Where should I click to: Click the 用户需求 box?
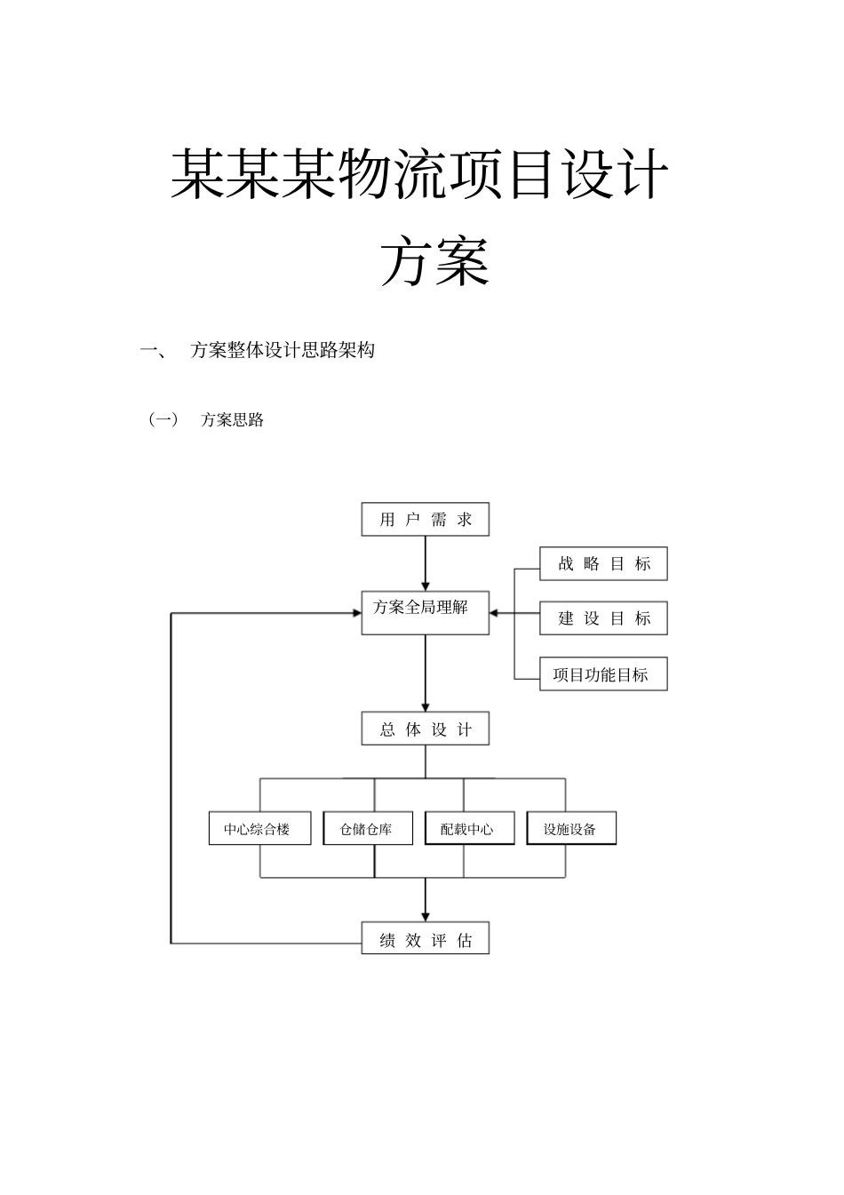(425, 519)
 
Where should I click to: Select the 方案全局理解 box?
(425, 612)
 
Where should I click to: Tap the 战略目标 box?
(603, 563)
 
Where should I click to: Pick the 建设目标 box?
(603, 618)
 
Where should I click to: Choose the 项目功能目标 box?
(603, 674)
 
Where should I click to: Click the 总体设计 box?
(425, 729)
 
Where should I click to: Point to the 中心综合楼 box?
(259, 828)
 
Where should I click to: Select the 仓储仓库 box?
(367, 828)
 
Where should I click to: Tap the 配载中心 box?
(469, 828)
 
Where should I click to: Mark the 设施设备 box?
(570, 828)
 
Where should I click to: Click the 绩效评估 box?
(425, 938)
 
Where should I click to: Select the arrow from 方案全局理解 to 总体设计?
(425, 672)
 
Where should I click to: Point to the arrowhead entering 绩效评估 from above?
(425, 915)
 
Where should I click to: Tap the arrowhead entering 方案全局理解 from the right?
(496, 613)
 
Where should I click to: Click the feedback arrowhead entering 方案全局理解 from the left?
(355, 613)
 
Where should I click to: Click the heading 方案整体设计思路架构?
(283, 350)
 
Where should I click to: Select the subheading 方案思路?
(232, 420)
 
